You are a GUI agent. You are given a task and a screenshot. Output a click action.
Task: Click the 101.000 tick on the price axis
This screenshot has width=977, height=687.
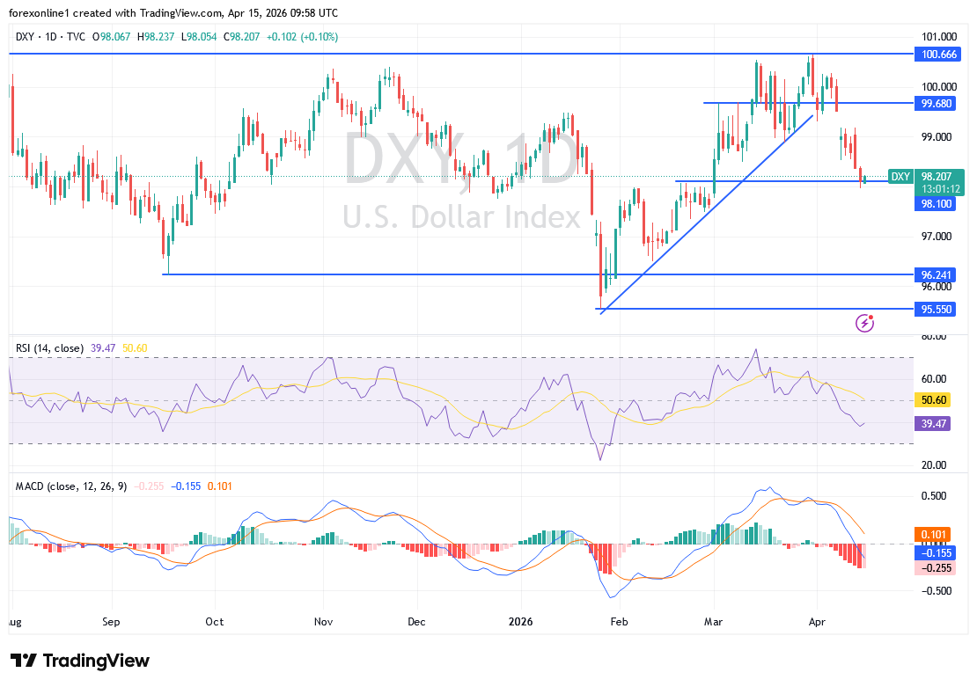(x=939, y=37)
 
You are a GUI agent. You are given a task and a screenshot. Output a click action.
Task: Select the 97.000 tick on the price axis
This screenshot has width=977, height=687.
(x=939, y=237)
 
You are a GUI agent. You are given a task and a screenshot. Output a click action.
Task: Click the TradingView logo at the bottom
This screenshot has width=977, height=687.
(x=80, y=661)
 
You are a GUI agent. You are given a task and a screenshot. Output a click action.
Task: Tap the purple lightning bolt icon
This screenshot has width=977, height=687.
(x=864, y=324)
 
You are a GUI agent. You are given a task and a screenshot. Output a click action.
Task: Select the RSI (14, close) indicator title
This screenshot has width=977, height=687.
(x=49, y=348)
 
